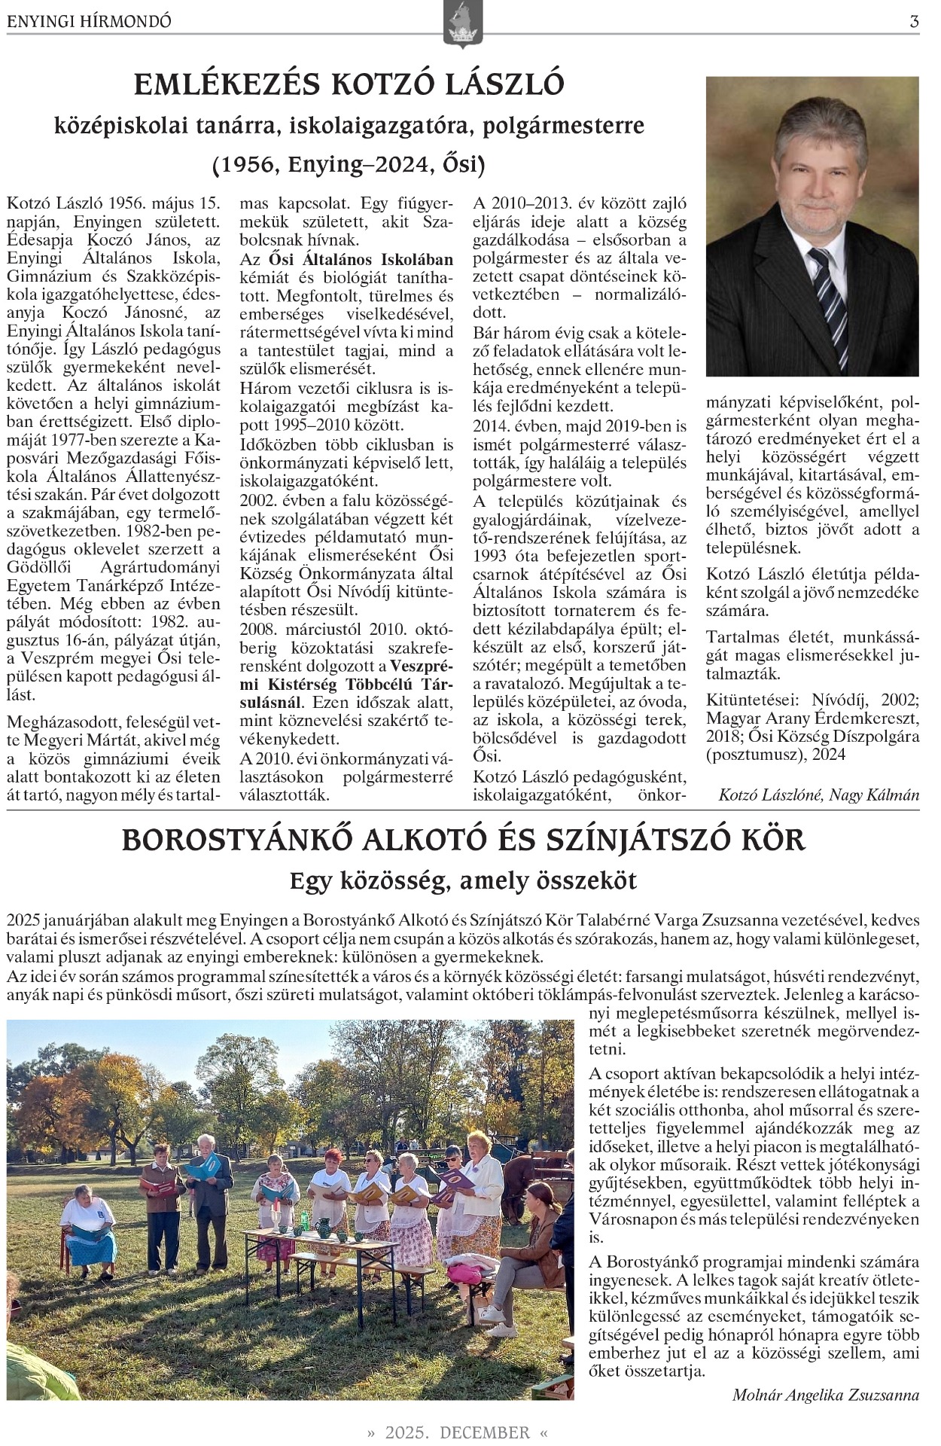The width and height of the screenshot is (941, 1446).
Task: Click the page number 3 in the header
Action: tap(914, 22)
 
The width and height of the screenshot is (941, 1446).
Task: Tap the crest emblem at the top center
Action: tap(463, 24)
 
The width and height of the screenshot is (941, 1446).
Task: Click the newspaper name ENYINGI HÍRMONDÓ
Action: tap(89, 22)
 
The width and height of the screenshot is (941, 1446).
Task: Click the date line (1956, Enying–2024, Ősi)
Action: tap(349, 163)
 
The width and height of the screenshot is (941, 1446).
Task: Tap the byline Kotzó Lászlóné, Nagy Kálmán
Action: tap(818, 795)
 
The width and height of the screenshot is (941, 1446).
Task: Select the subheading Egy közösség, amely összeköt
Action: tap(463, 880)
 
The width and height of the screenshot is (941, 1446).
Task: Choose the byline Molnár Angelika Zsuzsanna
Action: tap(825, 1395)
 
